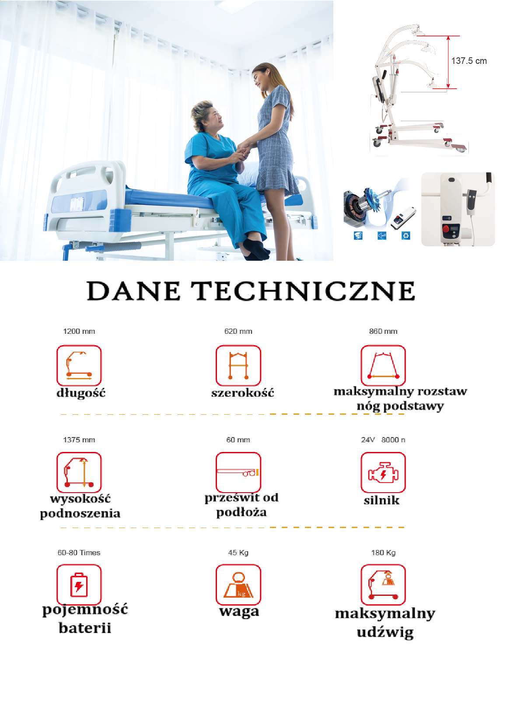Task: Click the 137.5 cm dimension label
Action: click(469, 61)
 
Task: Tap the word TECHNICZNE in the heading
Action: click(303, 290)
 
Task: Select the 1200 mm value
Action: click(79, 332)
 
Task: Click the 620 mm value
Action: click(238, 332)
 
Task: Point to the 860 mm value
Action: click(383, 332)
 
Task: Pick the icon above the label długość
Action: click(79, 365)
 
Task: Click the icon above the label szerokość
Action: click(238, 365)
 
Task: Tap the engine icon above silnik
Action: click(383, 472)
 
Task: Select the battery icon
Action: click(79, 585)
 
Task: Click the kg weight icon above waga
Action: click(238, 585)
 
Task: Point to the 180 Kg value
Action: click(383, 553)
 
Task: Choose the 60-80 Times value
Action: click(79, 553)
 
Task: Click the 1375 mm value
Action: click(79, 440)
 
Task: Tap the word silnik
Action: click(381, 500)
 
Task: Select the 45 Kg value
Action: click(238, 553)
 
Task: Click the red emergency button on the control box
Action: click(447, 228)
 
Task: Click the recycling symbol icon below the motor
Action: click(406, 235)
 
